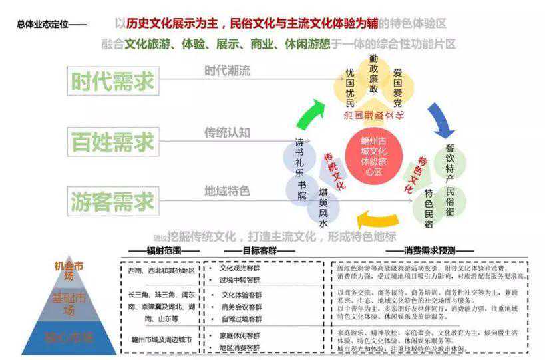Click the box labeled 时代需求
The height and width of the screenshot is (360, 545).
(x=112, y=81)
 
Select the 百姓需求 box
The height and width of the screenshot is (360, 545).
(x=112, y=141)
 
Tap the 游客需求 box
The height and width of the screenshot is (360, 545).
(x=112, y=200)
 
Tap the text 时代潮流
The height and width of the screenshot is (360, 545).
(x=227, y=71)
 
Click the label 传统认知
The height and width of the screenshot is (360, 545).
(x=227, y=132)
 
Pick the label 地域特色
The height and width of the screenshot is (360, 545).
(x=227, y=192)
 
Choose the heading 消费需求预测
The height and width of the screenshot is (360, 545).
(x=429, y=251)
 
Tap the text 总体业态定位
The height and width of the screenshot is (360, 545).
(x=44, y=25)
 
